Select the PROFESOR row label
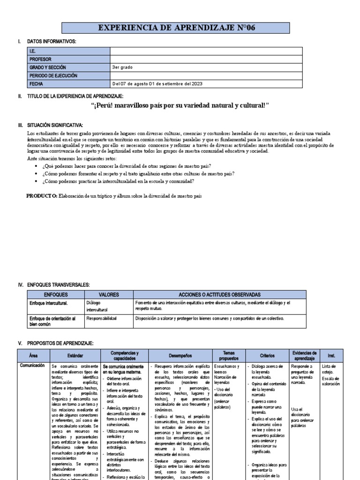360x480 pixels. point(40,60)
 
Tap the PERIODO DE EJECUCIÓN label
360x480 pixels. point(53,75)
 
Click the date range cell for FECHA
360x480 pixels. point(157,83)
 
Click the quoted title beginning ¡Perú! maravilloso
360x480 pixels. point(180,105)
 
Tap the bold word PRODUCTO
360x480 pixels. point(41,195)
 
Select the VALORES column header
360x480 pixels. point(108,295)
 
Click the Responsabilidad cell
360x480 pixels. point(101,318)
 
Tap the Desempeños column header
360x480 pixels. point(180,355)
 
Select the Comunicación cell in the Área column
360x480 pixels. point(33,365)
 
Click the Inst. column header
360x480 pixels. point(331,355)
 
